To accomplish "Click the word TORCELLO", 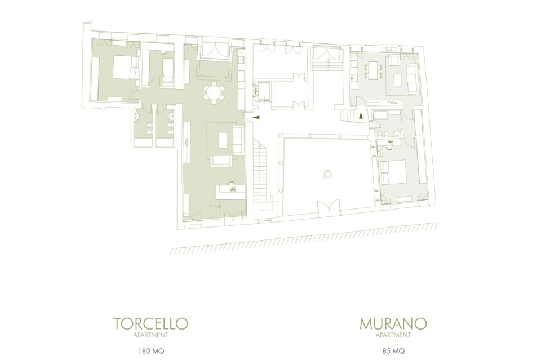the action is (x=151, y=323).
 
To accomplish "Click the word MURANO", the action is (x=393, y=323).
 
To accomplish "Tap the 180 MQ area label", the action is (x=151, y=352).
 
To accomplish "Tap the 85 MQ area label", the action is (x=393, y=352).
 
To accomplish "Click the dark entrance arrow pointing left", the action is (x=256, y=117).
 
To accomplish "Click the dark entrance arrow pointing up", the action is (x=361, y=115).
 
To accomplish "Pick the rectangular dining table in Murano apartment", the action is (x=373, y=70).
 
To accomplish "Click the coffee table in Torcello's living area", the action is (x=223, y=140).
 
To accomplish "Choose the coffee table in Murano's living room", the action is (x=398, y=79).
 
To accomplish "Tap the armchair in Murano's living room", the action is (x=393, y=61).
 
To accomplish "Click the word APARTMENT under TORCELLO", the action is (x=151, y=335).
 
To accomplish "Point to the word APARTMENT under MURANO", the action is (x=393, y=335).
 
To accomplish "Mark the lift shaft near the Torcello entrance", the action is (x=263, y=91).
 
